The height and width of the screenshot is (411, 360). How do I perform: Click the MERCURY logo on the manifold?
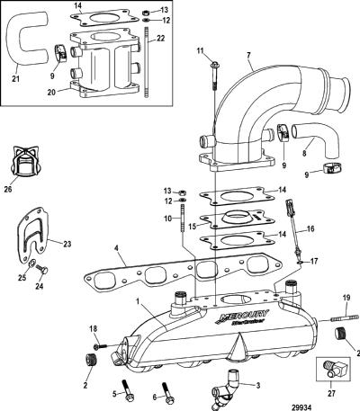pos(243,317)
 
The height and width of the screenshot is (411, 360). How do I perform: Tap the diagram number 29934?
pos(301,407)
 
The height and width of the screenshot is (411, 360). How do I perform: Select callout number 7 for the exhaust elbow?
pos(249,55)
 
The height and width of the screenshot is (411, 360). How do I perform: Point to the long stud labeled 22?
pos(147,62)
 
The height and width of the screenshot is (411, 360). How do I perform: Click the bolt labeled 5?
pos(127,389)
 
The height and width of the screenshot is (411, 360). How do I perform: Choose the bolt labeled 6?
pos(166,391)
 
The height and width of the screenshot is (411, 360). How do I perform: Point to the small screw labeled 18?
pos(100,346)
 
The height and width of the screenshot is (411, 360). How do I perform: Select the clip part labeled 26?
pos(25,162)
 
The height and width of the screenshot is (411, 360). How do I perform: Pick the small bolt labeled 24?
pos(42,269)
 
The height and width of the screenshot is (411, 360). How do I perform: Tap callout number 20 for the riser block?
pos(51,92)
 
